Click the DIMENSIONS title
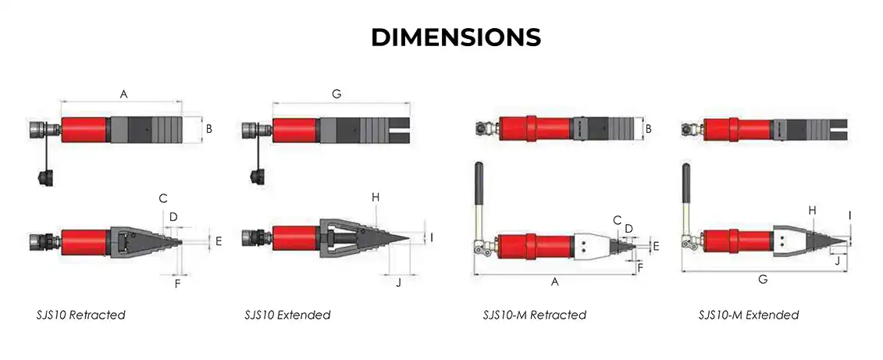(456, 37)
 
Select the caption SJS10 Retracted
(80, 315)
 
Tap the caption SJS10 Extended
(287, 315)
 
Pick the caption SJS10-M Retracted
(535, 315)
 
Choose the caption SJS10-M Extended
(749, 315)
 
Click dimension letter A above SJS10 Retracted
(124, 94)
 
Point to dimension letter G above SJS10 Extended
(336, 94)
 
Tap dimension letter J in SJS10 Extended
(399, 282)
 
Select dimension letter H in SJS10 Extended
(376, 198)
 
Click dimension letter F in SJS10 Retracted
(177, 283)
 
